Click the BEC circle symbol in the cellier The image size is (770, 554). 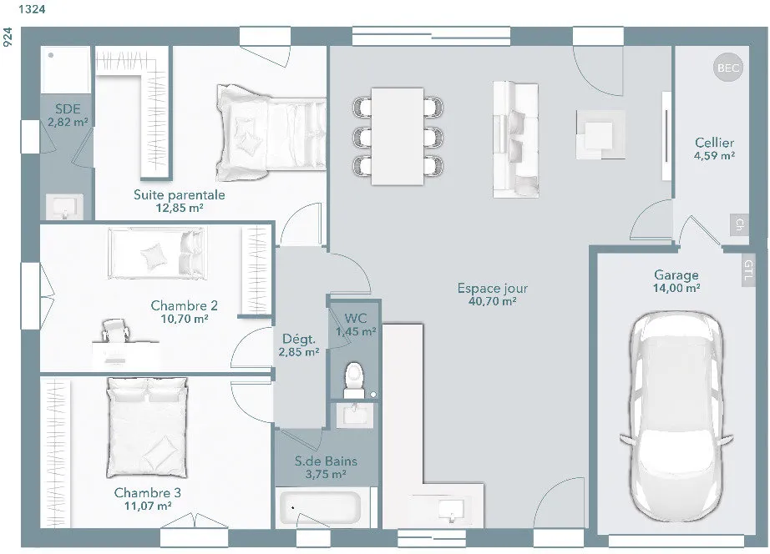coord(728,68)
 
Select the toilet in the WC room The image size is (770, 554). coord(354,380)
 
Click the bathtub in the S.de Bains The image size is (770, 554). coord(320,507)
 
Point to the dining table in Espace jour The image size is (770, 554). coord(398,137)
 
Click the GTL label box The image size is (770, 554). coord(748,269)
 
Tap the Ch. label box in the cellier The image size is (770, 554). coord(739,224)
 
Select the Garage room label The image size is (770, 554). coord(676,275)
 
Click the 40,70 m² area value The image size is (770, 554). coord(492,301)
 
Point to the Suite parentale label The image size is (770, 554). coord(180,194)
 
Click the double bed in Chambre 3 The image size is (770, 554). coord(147,427)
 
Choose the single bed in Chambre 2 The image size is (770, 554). coord(157,253)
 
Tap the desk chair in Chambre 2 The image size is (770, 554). coord(116,330)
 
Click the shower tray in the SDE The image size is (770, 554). coord(65,70)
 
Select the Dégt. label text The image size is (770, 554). coord(299,339)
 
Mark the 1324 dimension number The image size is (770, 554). coord(32,9)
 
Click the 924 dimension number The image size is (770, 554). coord(8,38)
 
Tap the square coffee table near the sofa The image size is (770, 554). coord(600,134)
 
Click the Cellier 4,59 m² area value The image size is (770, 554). coord(715,155)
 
